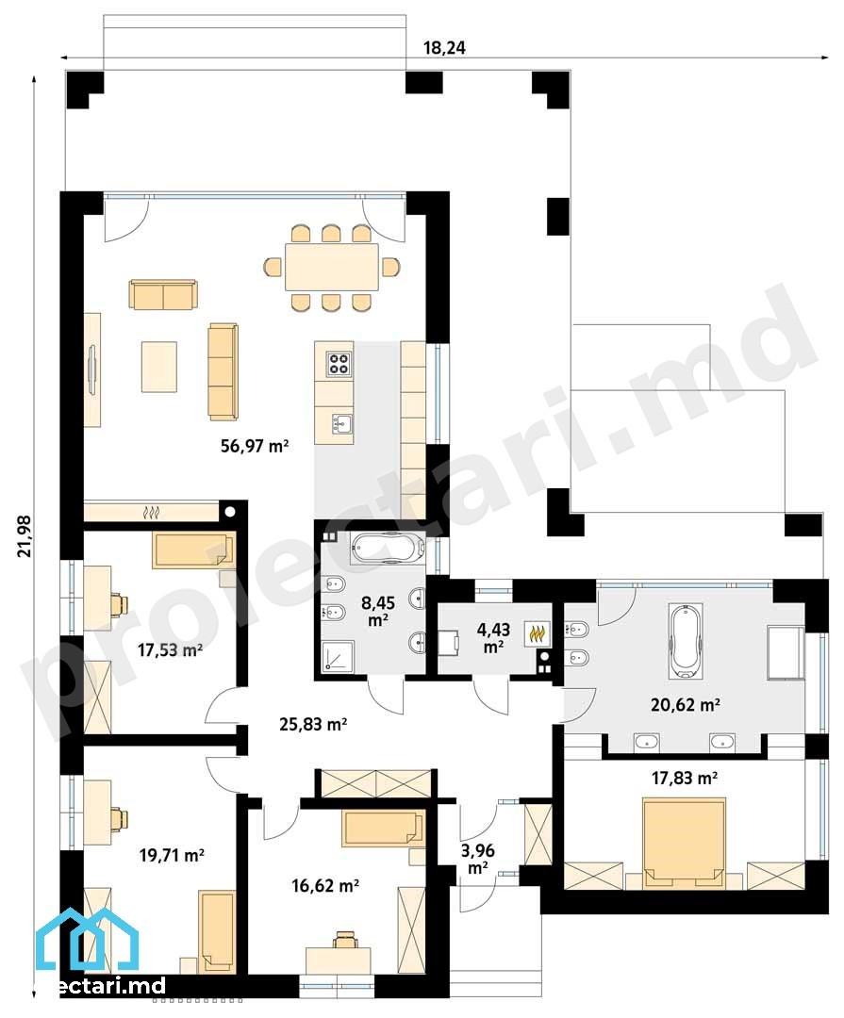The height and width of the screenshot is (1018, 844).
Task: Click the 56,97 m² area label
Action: (255, 446)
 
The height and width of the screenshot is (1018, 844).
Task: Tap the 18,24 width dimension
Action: (444, 48)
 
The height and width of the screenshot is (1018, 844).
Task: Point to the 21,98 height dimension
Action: (25, 535)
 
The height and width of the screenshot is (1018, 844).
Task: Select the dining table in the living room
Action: (331, 267)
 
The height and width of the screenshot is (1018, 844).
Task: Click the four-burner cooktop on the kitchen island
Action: (339, 364)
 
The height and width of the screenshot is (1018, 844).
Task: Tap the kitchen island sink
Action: (341, 424)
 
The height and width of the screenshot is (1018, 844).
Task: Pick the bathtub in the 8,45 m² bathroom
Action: (388, 548)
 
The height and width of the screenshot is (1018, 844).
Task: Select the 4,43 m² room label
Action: (493, 637)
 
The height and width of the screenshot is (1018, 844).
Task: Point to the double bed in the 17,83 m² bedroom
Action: (685, 843)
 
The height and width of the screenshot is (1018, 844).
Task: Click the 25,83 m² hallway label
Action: (312, 724)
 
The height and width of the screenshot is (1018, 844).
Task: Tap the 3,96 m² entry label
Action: (477, 859)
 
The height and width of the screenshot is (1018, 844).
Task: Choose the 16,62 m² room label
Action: (325, 885)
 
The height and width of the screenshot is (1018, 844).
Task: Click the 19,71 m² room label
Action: (172, 855)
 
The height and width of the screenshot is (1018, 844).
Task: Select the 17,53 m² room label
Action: (170, 649)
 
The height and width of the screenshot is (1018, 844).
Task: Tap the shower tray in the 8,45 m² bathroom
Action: (339, 657)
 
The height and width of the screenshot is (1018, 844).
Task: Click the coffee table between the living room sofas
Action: (159, 367)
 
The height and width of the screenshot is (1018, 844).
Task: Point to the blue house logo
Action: (87, 942)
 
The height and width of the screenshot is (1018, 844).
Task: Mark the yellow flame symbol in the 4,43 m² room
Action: (538, 633)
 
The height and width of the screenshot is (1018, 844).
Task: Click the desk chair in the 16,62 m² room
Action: (343, 940)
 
